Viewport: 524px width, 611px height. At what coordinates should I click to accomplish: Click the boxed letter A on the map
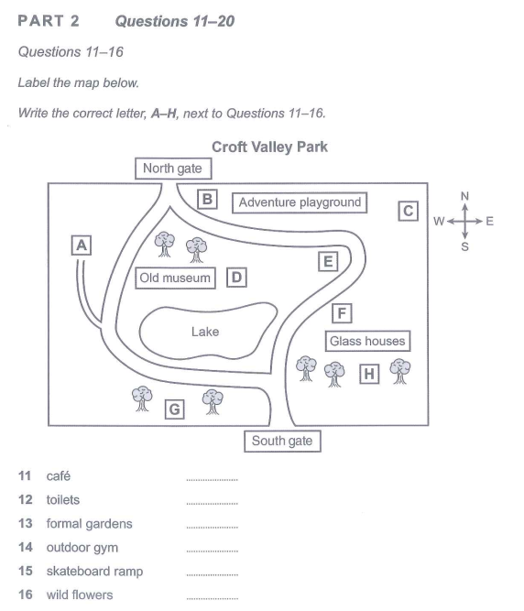click(x=82, y=245)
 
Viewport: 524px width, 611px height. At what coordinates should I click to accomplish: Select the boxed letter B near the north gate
click(x=207, y=199)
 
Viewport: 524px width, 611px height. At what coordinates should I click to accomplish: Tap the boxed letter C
click(x=408, y=211)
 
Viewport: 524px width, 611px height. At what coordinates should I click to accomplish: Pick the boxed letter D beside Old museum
click(x=236, y=278)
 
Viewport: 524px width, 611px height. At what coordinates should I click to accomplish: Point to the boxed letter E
click(x=328, y=261)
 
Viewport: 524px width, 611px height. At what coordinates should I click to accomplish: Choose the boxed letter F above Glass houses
click(x=342, y=313)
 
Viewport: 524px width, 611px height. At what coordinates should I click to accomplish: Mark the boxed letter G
click(x=175, y=409)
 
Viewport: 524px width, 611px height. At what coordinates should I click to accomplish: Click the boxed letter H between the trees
click(x=369, y=374)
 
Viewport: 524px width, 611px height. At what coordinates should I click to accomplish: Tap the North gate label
click(x=173, y=169)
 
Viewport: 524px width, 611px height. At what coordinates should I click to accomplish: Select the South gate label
click(x=282, y=442)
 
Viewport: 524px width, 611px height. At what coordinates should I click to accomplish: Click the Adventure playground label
click(x=300, y=202)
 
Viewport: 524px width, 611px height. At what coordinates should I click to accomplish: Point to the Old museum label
click(x=175, y=278)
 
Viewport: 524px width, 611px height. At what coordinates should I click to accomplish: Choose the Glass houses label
click(x=367, y=342)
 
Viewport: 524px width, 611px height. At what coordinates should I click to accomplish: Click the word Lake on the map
click(x=205, y=332)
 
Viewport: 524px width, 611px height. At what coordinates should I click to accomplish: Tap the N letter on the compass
click(x=464, y=196)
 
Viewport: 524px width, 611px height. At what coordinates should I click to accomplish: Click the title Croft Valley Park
click(x=269, y=147)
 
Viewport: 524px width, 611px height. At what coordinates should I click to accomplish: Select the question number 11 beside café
click(x=25, y=475)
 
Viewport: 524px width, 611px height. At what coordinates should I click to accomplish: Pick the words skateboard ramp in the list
click(x=94, y=572)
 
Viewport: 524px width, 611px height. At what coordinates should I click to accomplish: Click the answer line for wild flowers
click(x=212, y=598)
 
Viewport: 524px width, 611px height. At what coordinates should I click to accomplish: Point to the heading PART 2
click(x=49, y=21)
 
